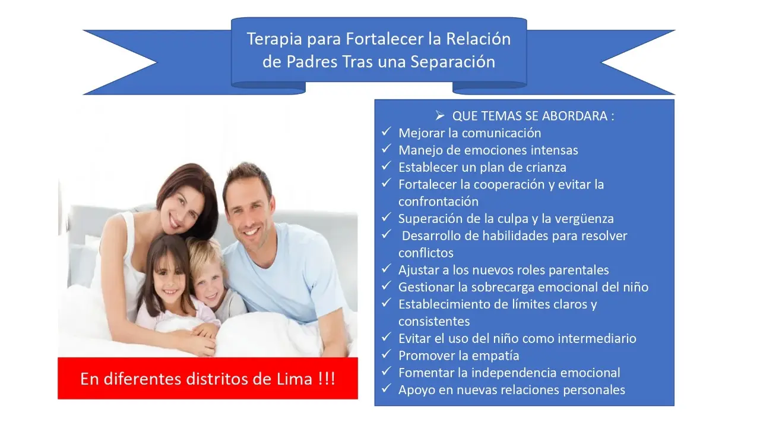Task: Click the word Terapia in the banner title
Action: [x=274, y=39]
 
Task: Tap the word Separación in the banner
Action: [x=452, y=62]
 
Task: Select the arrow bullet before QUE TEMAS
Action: [x=440, y=116]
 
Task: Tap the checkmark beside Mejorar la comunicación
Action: [x=386, y=131]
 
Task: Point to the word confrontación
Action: [x=438, y=202]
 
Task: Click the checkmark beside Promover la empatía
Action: [x=386, y=354]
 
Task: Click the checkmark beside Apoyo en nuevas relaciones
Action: [x=386, y=389]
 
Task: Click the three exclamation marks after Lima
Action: [x=326, y=379]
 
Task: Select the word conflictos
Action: [x=426, y=253]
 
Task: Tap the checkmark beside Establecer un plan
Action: [x=386, y=166]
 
